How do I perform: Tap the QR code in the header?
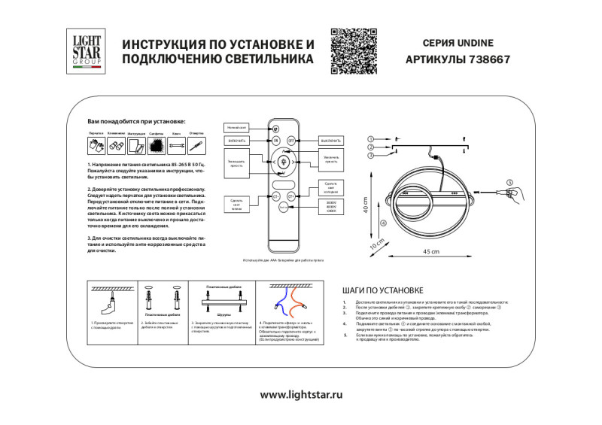click(351, 49)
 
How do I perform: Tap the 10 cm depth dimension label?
click(376, 244)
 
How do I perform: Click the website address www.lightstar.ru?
click(301, 394)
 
